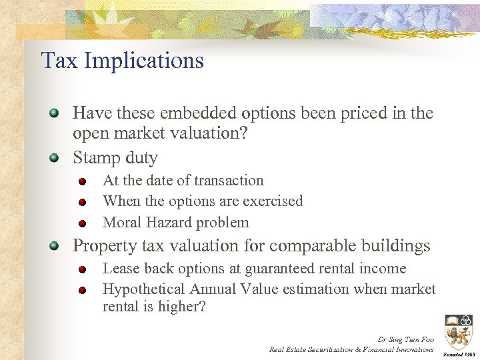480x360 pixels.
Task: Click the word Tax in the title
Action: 57,61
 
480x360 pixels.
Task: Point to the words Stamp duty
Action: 115,158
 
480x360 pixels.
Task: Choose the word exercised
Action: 274,201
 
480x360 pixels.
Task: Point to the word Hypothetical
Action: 143,289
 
